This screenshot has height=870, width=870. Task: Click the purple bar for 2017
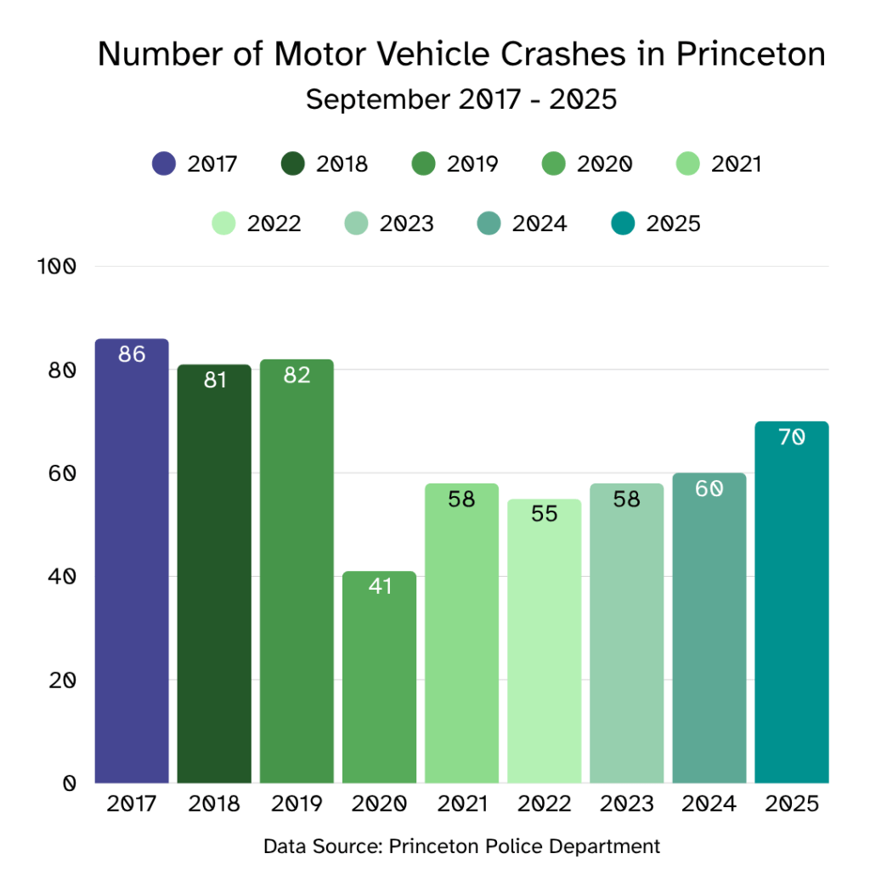132,561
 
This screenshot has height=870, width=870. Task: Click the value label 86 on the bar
132,354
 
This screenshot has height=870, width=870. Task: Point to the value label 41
380,586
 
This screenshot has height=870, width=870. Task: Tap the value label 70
791,438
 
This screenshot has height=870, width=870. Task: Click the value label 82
297,375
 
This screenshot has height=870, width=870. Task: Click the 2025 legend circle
624,223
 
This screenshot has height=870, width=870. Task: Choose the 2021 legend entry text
737,164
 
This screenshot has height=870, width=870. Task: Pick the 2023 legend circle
357,223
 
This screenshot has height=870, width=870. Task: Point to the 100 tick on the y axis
57,267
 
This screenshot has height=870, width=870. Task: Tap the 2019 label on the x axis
297,804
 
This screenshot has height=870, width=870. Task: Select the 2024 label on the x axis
709,804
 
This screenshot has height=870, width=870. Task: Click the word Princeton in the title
750,54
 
